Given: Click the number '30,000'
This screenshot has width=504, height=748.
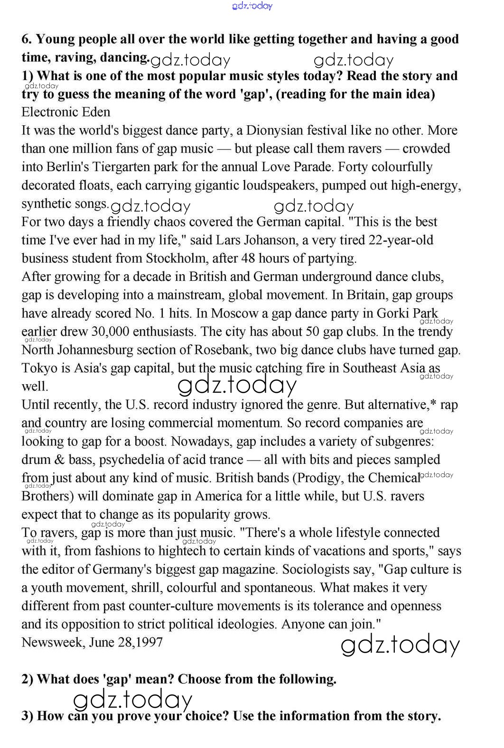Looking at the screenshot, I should (110, 332).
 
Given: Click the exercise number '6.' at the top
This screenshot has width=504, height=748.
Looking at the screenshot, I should (27, 39).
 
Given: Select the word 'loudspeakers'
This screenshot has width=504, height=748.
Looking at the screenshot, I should (280, 185).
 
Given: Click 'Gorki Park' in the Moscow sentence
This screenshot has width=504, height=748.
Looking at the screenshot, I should (407, 314).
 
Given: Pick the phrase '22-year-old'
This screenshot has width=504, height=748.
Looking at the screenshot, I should (401, 240).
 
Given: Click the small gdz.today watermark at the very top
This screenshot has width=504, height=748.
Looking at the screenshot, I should (252, 6).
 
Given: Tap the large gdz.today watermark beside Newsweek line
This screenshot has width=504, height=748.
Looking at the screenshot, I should (401, 645).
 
